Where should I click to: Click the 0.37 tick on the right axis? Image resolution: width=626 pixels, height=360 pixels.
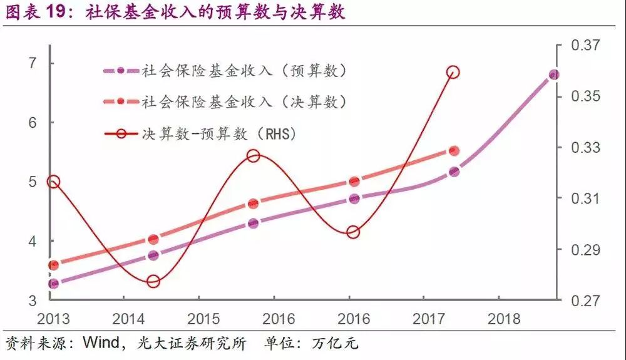[x=585, y=46]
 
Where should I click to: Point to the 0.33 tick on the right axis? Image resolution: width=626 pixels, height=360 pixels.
[x=585, y=148]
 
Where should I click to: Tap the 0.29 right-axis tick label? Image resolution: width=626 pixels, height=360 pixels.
[x=585, y=250]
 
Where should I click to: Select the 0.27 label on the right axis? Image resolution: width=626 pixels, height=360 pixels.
[x=585, y=301]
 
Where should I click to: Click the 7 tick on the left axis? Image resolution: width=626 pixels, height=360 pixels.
[x=32, y=63]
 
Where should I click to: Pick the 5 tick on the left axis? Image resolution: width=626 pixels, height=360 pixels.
[x=32, y=182]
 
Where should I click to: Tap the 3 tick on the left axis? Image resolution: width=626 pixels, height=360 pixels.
[x=32, y=301]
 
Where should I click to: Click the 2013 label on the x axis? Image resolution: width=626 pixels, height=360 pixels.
[x=54, y=319]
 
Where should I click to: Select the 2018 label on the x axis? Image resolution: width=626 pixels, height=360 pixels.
[x=505, y=319]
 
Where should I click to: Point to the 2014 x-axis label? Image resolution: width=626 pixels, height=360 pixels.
[x=128, y=319]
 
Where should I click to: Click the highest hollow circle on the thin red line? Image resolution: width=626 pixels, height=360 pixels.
[x=454, y=73]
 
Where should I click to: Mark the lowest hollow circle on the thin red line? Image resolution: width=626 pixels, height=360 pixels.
[x=153, y=281]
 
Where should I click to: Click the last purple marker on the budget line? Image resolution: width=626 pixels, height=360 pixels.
[x=553, y=75]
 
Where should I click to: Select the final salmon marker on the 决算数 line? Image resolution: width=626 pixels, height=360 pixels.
[x=454, y=151]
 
